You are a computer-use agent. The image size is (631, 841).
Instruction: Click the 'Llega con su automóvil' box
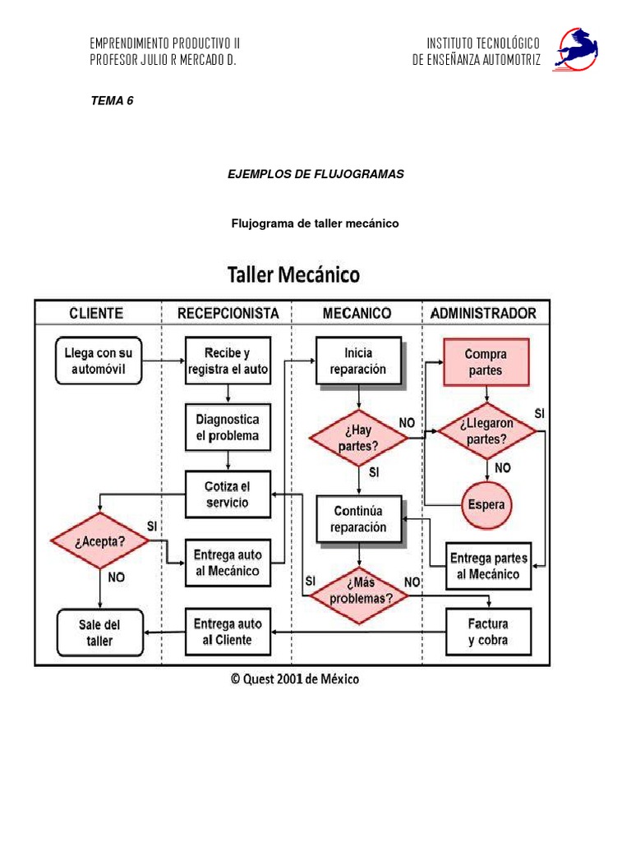click(99, 361)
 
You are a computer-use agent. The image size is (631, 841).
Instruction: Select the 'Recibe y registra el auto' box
click(227, 361)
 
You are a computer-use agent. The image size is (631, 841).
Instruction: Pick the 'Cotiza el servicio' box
click(227, 494)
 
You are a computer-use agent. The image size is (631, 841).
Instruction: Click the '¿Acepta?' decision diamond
click(99, 541)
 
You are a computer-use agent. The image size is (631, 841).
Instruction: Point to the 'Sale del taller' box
click(99, 632)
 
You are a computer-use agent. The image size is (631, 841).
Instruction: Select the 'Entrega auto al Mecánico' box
click(227, 563)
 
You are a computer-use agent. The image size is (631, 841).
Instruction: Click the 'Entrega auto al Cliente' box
click(227, 632)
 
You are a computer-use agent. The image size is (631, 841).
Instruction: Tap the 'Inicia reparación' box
click(358, 361)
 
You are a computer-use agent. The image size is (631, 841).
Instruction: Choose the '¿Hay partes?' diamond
click(358, 439)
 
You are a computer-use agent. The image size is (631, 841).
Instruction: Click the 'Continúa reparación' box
click(358, 519)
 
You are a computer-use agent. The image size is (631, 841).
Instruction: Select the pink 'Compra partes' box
click(486, 361)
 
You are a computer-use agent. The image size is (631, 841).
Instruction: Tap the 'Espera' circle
click(486, 504)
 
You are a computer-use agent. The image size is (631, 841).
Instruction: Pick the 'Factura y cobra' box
click(488, 632)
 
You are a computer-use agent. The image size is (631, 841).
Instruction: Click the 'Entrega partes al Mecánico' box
click(488, 565)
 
